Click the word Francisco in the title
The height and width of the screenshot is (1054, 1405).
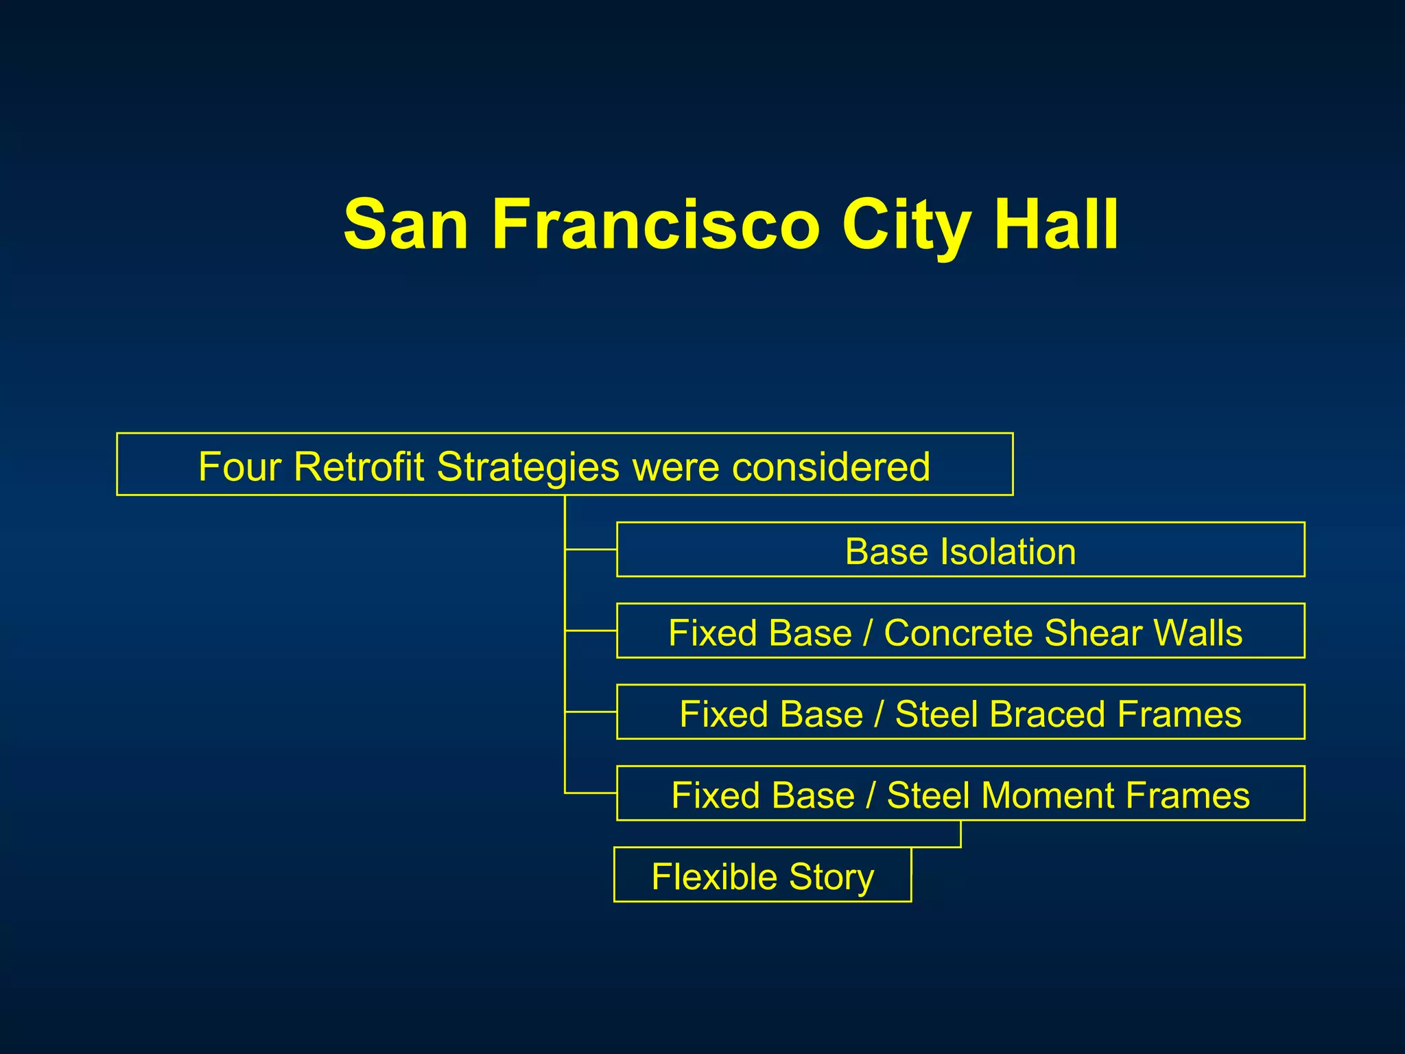[x=655, y=225]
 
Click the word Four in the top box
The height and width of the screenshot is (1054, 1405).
[x=240, y=467]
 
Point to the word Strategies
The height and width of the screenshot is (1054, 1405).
[x=528, y=467]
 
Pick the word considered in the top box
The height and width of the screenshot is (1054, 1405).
[x=831, y=467]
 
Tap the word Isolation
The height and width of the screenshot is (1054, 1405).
[x=1008, y=552]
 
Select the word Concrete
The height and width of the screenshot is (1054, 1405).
[x=958, y=633]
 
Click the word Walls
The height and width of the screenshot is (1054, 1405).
[x=1198, y=633]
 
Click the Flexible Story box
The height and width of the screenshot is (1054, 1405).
[x=762, y=875]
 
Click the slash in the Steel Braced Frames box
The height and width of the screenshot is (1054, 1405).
[x=879, y=714]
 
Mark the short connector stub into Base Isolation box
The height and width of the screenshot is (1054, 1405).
[x=591, y=550]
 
